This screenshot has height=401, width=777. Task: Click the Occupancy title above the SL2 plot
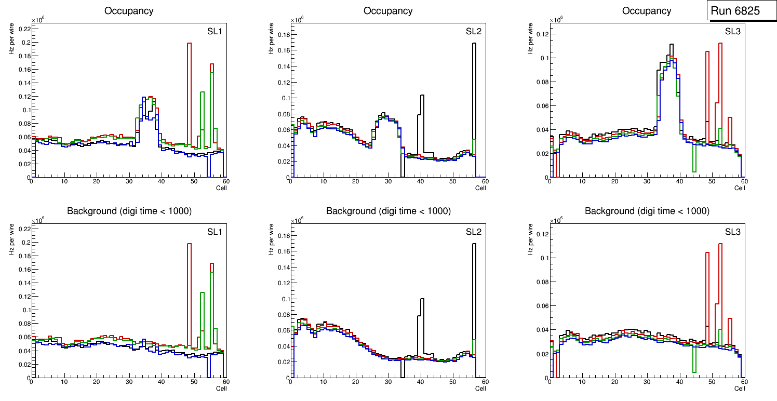click(388, 10)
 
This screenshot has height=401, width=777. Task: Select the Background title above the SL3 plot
click(647, 211)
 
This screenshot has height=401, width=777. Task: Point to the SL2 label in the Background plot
click(473, 232)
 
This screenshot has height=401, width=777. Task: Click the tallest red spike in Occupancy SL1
click(189, 44)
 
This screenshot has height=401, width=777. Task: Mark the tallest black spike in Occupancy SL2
click(474, 44)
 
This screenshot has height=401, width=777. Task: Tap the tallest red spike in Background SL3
click(720, 245)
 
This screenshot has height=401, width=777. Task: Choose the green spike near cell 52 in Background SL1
click(202, 294)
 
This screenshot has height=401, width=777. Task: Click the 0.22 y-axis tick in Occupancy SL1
click(24, 29)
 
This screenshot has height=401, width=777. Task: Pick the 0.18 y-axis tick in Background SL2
click(283, 235)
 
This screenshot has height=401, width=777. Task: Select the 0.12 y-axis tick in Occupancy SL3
click(542, 34)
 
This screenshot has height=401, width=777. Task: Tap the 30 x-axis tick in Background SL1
click(129, 382)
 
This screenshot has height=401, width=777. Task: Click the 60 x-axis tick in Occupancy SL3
click(744, 182)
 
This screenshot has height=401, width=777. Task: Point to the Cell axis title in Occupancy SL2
click(480, 188)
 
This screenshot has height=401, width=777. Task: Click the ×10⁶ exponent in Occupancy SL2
click(297, 20)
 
